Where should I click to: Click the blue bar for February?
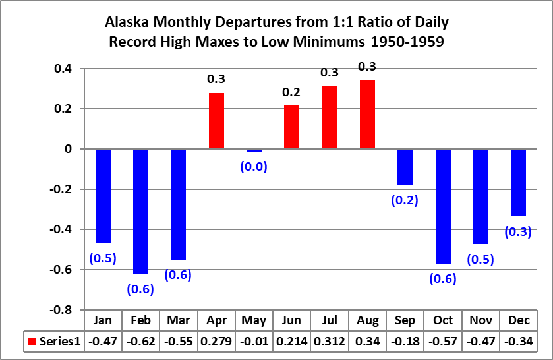[140, 211]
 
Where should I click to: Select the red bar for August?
[368, 115]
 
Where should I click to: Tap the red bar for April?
[217, 121]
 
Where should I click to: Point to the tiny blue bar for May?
[254, 150]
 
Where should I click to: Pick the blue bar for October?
[443, 206]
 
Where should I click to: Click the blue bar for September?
[405, 167]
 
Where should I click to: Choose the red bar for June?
[292, 127]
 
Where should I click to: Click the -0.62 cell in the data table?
[140, 342]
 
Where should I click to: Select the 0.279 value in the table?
[216, 342]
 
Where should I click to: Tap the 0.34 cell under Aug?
[368, 342]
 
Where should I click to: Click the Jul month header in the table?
[330, 320]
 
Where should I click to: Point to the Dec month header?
[519, 320]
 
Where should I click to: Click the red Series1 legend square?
[32, 342]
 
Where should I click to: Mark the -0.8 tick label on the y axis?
[61, 310]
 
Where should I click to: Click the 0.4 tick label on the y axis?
[63, 69]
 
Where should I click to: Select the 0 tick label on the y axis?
[68, 149]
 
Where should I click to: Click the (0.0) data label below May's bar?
[254, 166]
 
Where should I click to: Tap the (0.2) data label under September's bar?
[405, 200]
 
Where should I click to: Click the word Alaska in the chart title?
[127, 22]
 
